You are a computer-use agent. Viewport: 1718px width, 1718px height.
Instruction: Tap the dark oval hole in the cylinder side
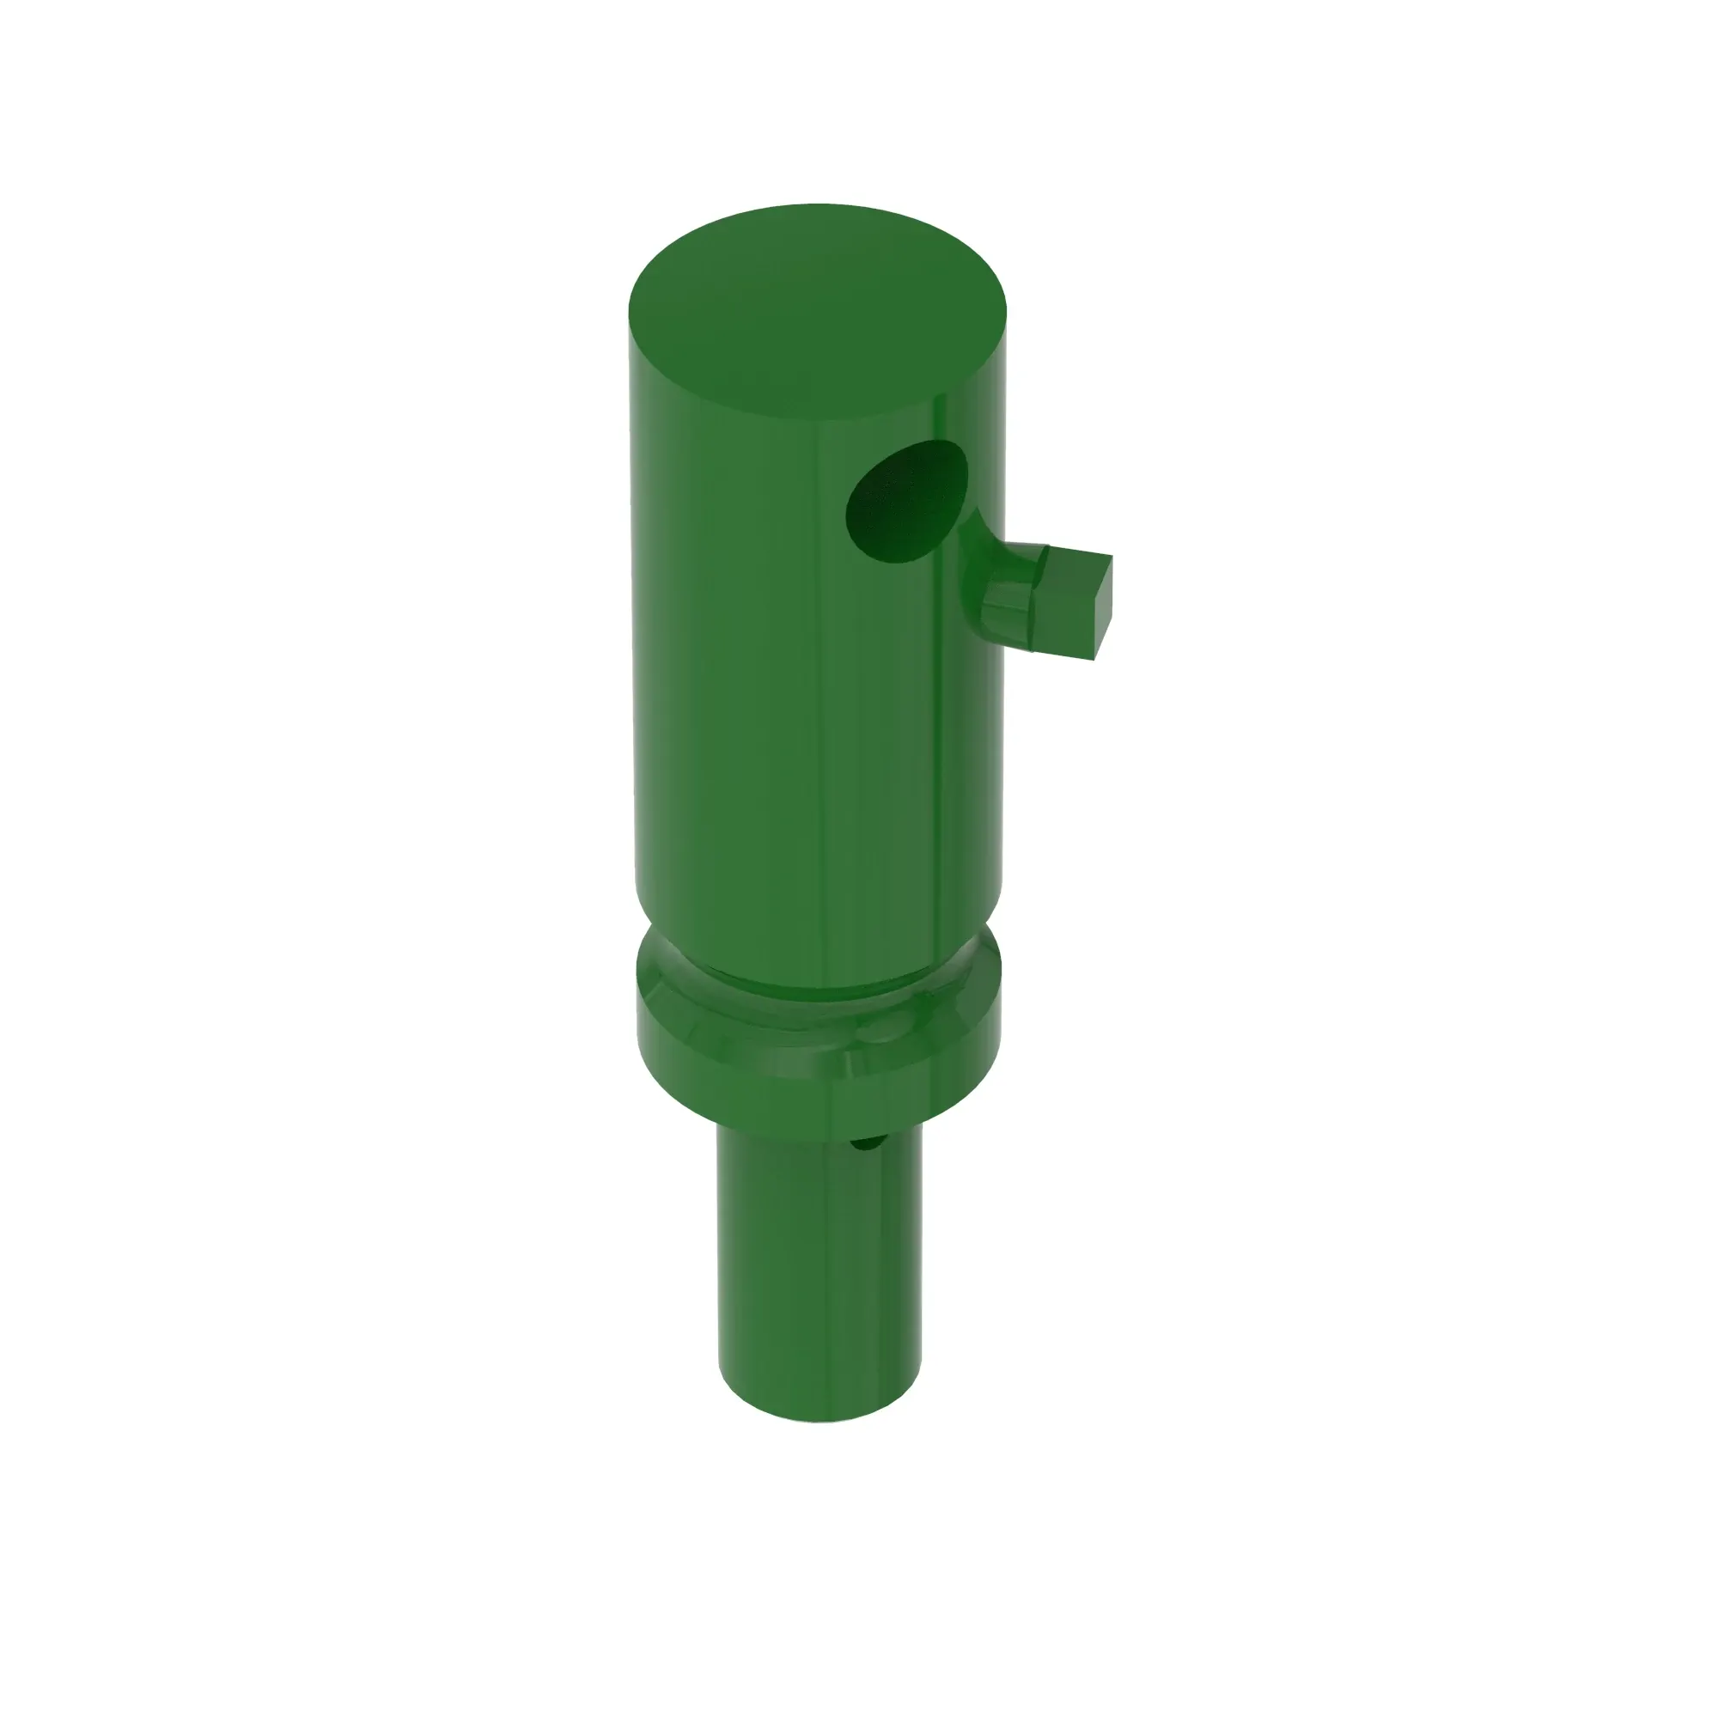(905, 502)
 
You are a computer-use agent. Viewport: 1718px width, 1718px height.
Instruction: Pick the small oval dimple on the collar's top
(880, 1032)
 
